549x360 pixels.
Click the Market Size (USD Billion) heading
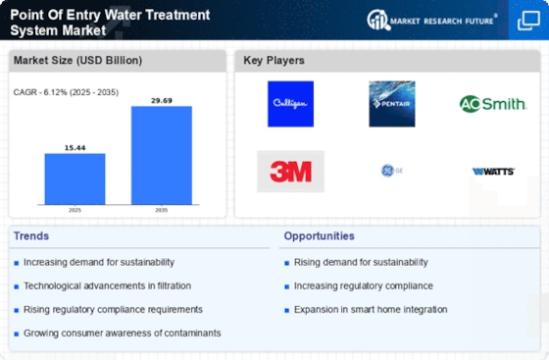tap(66, 61)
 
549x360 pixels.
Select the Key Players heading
tap(274, 61)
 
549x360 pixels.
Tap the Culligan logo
tap(290, 104)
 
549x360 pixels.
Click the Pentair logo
tap(391, 104)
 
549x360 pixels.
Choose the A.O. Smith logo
tap(492, 103)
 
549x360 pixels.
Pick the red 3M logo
tap(290, 171)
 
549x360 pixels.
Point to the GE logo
tap(391, 171)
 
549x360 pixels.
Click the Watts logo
tap(492, 171)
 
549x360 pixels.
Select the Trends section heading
tap(32, 236)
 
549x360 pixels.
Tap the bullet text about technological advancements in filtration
tap(106, 285)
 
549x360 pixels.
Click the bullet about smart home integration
tap(371, 309)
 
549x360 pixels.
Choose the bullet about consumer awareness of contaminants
tap(122, 333)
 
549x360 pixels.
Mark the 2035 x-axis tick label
tap(162, 210)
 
